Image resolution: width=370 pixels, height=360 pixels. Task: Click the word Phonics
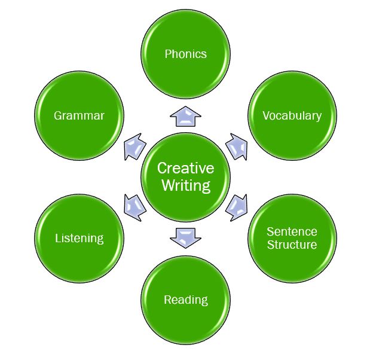coord(185,54)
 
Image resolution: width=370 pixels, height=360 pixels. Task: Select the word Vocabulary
coord(292,115)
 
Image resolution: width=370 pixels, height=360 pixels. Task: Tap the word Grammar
coord(79,115)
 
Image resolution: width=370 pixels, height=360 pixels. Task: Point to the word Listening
coord(79,238)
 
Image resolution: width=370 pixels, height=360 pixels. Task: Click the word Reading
coord(185,300)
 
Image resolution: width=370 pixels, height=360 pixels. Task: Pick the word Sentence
coord(292,231)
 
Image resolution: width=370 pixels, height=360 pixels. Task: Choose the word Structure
coord(292,245)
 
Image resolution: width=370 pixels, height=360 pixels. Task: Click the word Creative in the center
coord(185,168)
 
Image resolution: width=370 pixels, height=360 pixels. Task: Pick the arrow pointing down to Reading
coord(185,237)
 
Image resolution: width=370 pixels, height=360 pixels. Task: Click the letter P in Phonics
coord(167,54)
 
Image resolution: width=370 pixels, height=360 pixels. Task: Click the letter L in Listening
coord(57,238)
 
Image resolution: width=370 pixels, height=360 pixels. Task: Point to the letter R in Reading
coord(167,300)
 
